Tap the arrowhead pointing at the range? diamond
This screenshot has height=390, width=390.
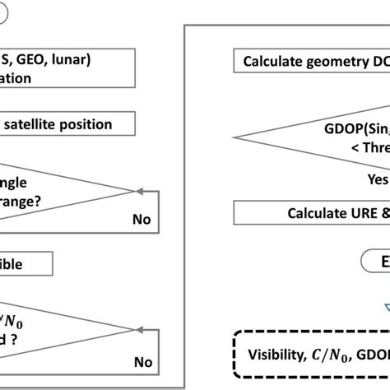point(138,191)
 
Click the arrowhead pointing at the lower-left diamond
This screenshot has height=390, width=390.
point(138,332)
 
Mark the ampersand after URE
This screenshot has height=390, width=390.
point(380,212)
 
